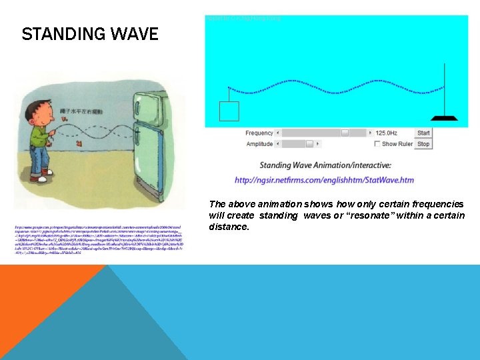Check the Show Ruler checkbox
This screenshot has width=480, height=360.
(377, 144)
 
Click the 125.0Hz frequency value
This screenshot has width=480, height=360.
(388, 133)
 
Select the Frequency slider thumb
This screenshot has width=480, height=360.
(345, 133)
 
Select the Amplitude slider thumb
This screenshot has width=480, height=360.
(309, 144)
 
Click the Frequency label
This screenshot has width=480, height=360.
(259, 133)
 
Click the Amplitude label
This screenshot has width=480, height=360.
(259, 144)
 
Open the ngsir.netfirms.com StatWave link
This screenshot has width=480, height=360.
(324, 180)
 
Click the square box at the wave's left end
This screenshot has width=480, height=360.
(229, 111)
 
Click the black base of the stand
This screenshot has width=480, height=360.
(443, 118)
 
